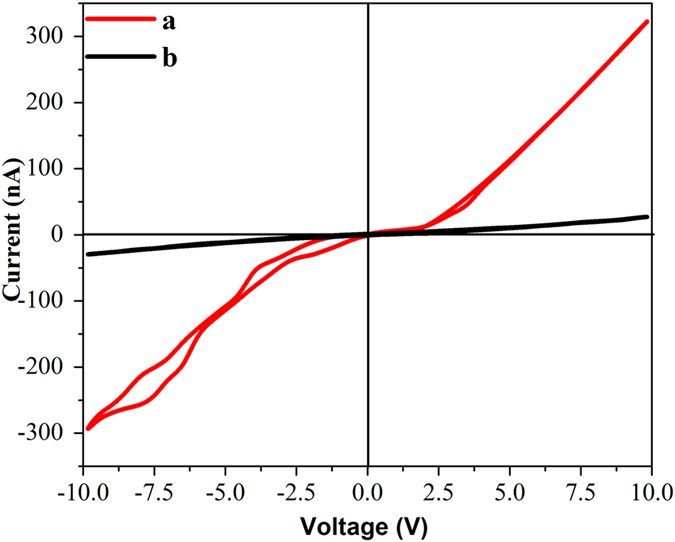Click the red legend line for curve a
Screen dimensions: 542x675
click(x=120, y=19)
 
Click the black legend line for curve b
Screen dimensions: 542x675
click(x=120, y=57)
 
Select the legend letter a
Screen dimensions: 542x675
click(x=169, y=19)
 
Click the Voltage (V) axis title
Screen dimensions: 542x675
click(x=367, y=524)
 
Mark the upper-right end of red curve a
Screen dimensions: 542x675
click(x=648, y=21)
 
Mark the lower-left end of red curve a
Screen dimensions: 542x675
click(x=88, y=428)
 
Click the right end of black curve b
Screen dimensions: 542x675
click(x=648, y=216)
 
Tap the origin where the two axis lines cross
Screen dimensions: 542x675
click(x=368, y=234)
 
